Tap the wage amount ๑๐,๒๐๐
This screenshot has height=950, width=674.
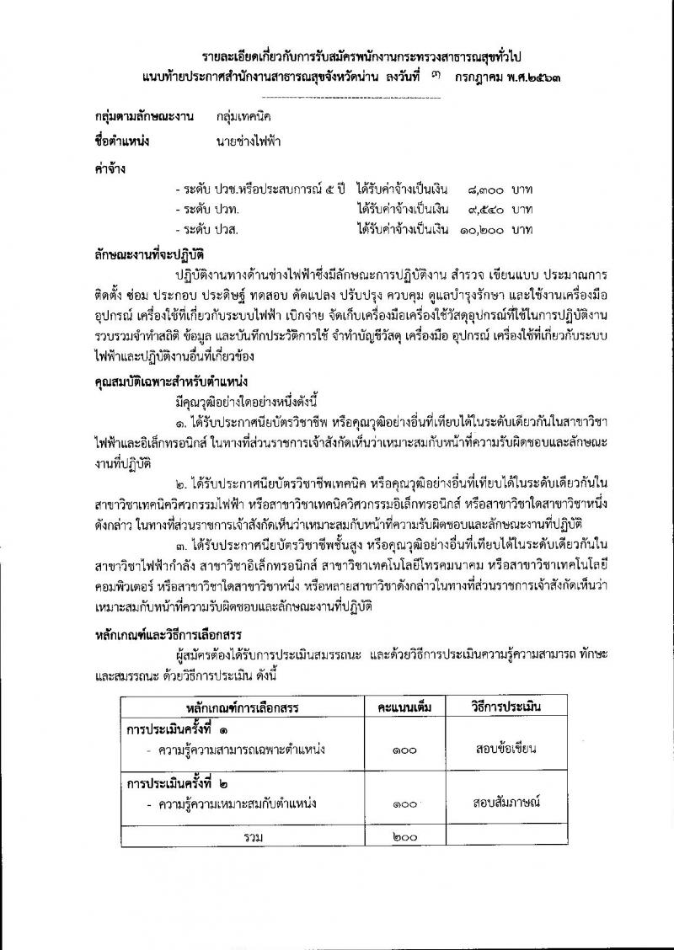pos(481,229)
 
